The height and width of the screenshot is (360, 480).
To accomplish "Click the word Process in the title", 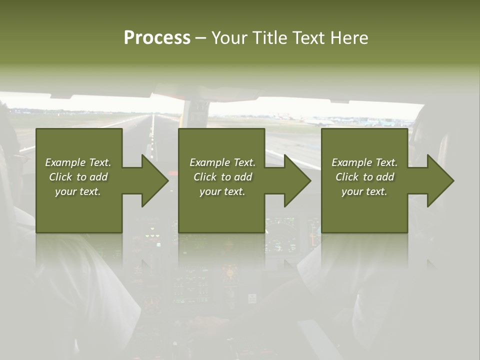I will pyautogui.click(x=157, y=37).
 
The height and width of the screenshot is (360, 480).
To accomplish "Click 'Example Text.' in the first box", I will pyautogui.click(x=78, y=162).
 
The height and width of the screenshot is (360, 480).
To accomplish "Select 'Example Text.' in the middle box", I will pyautogui.click(x=222, y=162).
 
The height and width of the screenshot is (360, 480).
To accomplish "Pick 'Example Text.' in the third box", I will pyautogui.click(x=364, y=162).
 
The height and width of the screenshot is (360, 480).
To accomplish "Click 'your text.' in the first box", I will pyautogui.click(x=78, y=191).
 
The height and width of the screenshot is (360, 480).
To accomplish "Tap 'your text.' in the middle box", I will pyautogui.click(x=222, y=191).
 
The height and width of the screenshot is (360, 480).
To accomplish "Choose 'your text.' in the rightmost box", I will pyautogui.click(x=364, y=191).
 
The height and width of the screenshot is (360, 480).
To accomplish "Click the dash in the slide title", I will pyautogui.click(x=201, y=38).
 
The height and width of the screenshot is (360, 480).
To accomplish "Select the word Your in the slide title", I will pyautogui.click(x=227, y=37).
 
